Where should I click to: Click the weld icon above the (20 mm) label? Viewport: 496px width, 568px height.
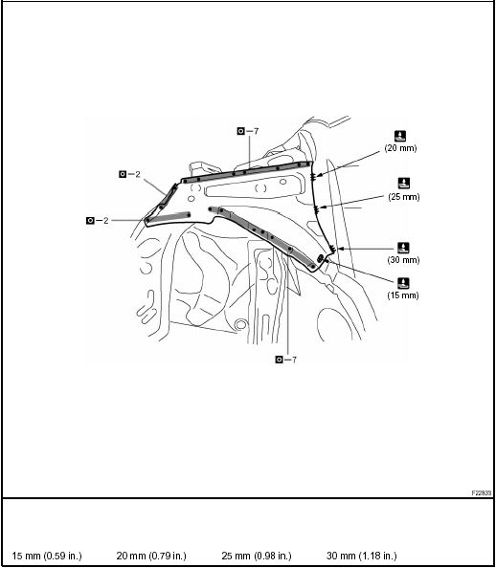pos(400,135)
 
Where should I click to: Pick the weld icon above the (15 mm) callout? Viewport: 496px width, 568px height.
pos(403,281)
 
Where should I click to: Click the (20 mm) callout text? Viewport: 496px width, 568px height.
pos(400,148)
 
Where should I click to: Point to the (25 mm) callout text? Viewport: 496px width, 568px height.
pos(404,196)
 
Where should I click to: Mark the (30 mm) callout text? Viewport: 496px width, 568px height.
pos(403,259)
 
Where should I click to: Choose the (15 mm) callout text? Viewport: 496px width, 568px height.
pos(403,295)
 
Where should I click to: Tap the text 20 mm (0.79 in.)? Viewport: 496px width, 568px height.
pos(151,556)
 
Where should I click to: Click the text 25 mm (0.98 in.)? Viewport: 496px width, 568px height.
pos(256,556)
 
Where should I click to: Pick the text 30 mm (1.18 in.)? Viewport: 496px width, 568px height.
pos(361,556)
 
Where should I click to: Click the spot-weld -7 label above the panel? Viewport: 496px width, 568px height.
pos(248,129)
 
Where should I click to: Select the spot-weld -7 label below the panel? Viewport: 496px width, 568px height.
pos(285,360)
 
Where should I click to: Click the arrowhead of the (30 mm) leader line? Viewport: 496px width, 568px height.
pos(331,251)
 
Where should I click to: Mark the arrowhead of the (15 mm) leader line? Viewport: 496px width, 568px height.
pos(324,259)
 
